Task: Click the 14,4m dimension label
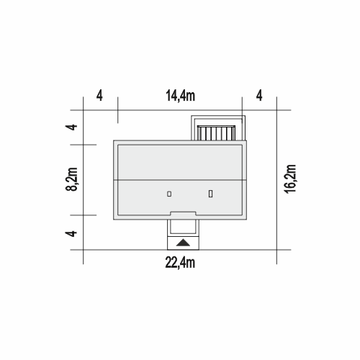[x=180, y=96]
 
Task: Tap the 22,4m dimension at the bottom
[x=180, y=263]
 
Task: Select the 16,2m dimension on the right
[x=290, y=179]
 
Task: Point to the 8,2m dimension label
[x=71, y=179]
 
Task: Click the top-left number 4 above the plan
[x=99, y=96]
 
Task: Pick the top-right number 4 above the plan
[x=259, y=96]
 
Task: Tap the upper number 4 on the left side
[x=71, y=127]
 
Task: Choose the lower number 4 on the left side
[x=71, y=233]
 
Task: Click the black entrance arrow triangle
[x=183, y=243]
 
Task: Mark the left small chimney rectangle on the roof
[x=169, y=194]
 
